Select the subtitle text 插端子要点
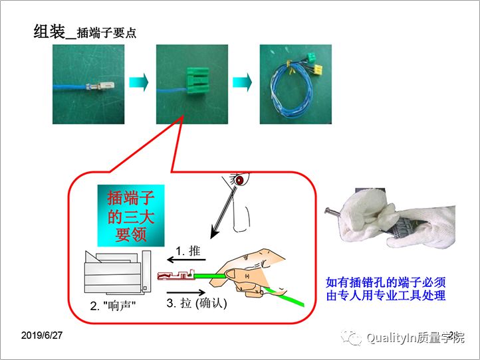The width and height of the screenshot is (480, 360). click(x=106, y=33)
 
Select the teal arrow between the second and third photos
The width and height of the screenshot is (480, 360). click(x=242, y=84)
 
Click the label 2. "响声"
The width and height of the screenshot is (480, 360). click(x=113, y=307)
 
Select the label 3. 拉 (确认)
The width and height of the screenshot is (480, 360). click(x=197, y=304)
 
